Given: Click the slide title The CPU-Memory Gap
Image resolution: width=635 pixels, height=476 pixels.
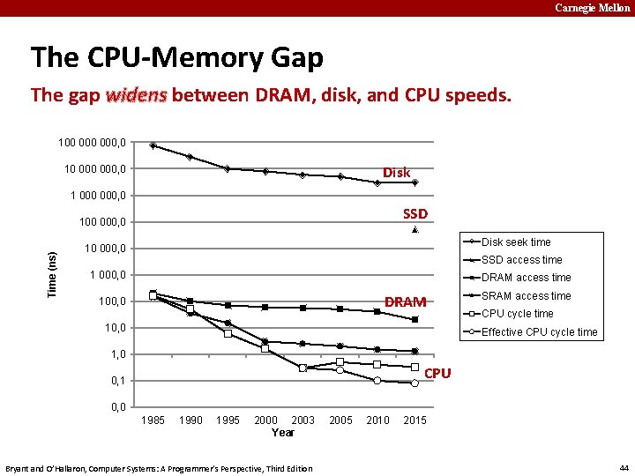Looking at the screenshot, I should (176, 58).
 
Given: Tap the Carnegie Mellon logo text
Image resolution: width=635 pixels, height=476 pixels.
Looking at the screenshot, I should (592, 8).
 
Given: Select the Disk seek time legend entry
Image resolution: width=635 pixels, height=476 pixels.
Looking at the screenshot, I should (515, 242).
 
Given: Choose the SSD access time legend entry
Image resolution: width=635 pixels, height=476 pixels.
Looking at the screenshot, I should (521, 260).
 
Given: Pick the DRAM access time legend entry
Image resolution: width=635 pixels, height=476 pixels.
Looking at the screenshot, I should (526, 278).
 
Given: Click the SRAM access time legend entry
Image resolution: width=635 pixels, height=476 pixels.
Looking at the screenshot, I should (526, 296).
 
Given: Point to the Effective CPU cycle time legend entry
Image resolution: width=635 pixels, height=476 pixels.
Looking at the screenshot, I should (539, 332).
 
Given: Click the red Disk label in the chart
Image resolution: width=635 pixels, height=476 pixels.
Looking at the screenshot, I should (396, 173).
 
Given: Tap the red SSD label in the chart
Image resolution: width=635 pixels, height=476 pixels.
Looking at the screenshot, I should (415, 214).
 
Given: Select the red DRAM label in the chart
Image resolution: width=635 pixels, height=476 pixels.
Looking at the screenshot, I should (406, 302).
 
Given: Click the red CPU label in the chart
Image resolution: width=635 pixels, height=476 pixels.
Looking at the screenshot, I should (437, 374).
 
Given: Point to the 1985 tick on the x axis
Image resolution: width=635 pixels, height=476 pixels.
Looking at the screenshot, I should (153, 420).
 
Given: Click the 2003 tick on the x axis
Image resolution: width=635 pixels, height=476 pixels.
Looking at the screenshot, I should (303, 420).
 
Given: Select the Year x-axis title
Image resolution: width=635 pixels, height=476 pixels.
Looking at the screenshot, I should (283, 433).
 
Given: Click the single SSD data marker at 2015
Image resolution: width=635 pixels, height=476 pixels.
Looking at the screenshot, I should (415, 230).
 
